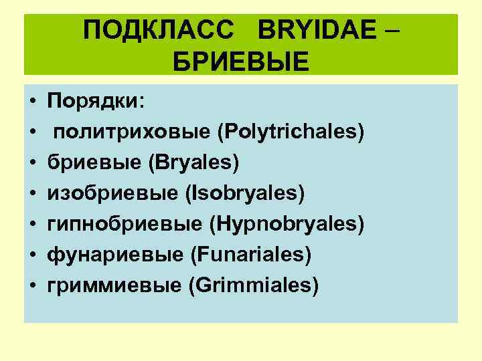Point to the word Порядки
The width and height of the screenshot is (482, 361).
tap(95, 102)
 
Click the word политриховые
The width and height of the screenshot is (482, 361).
tap(131, 132)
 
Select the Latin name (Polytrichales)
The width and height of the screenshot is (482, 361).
tap(291, 132)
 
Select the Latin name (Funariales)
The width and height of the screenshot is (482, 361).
tap(250, 255)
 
